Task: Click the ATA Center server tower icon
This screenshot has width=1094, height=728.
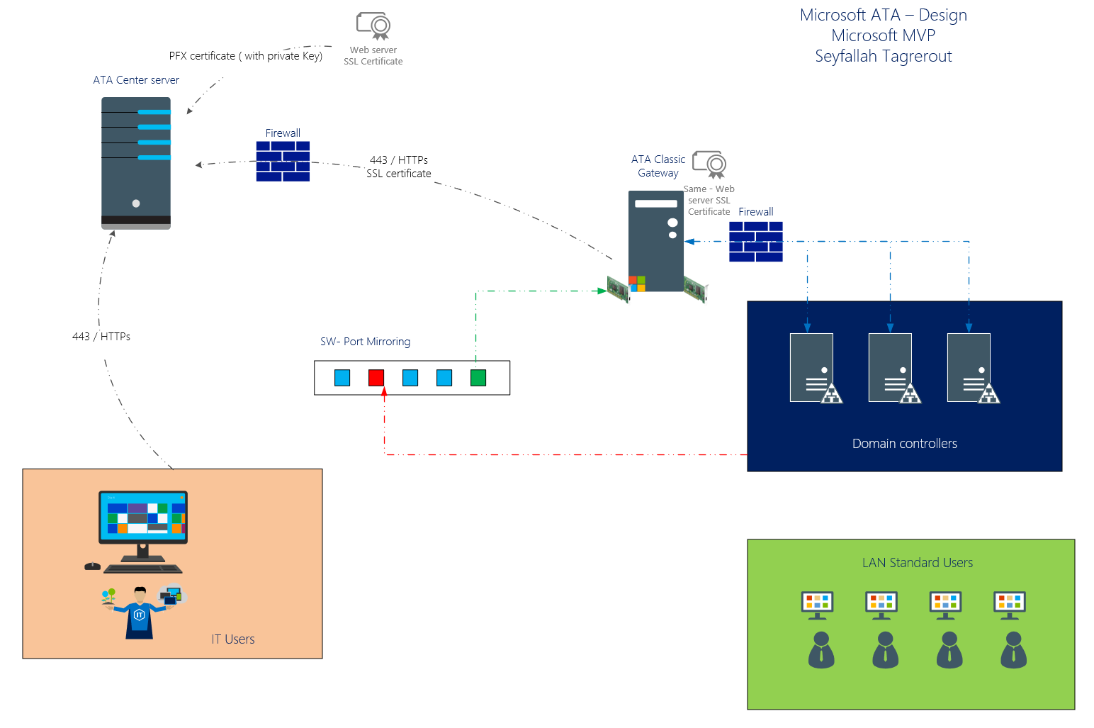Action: tap(136, 163)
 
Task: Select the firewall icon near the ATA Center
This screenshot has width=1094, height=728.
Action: tap(283, 162)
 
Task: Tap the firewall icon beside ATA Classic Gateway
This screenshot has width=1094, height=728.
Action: tap(756, 242)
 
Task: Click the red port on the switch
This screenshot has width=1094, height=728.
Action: tap(376, 378)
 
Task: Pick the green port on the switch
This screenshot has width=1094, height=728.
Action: tap(478, 378)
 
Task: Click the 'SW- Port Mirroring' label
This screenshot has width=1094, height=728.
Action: tap(365, 342)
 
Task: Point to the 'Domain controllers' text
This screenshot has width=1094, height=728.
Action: tap(904, 444)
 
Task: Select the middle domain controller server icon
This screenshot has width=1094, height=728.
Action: tap(891, 368)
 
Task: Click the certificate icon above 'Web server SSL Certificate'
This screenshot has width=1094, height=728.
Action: tap(373, 26)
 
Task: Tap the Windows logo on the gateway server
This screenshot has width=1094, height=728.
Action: tap(637, 284)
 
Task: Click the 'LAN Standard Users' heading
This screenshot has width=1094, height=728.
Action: tap(917, 563)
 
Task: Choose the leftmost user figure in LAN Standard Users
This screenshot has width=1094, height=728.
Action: tap(821, 650)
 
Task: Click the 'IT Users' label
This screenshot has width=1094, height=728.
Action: tap(232, 639)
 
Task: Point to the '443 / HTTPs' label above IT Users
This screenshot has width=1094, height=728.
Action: tap(101, 337)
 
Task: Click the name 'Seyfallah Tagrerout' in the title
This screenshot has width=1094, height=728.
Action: tap(883, 57)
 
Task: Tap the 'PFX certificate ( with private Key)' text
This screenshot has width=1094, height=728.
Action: tap(245, 56)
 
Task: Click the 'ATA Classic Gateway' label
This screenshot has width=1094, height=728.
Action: tap(658, 166)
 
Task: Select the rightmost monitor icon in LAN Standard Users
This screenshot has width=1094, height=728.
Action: tap(1010, 603)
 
